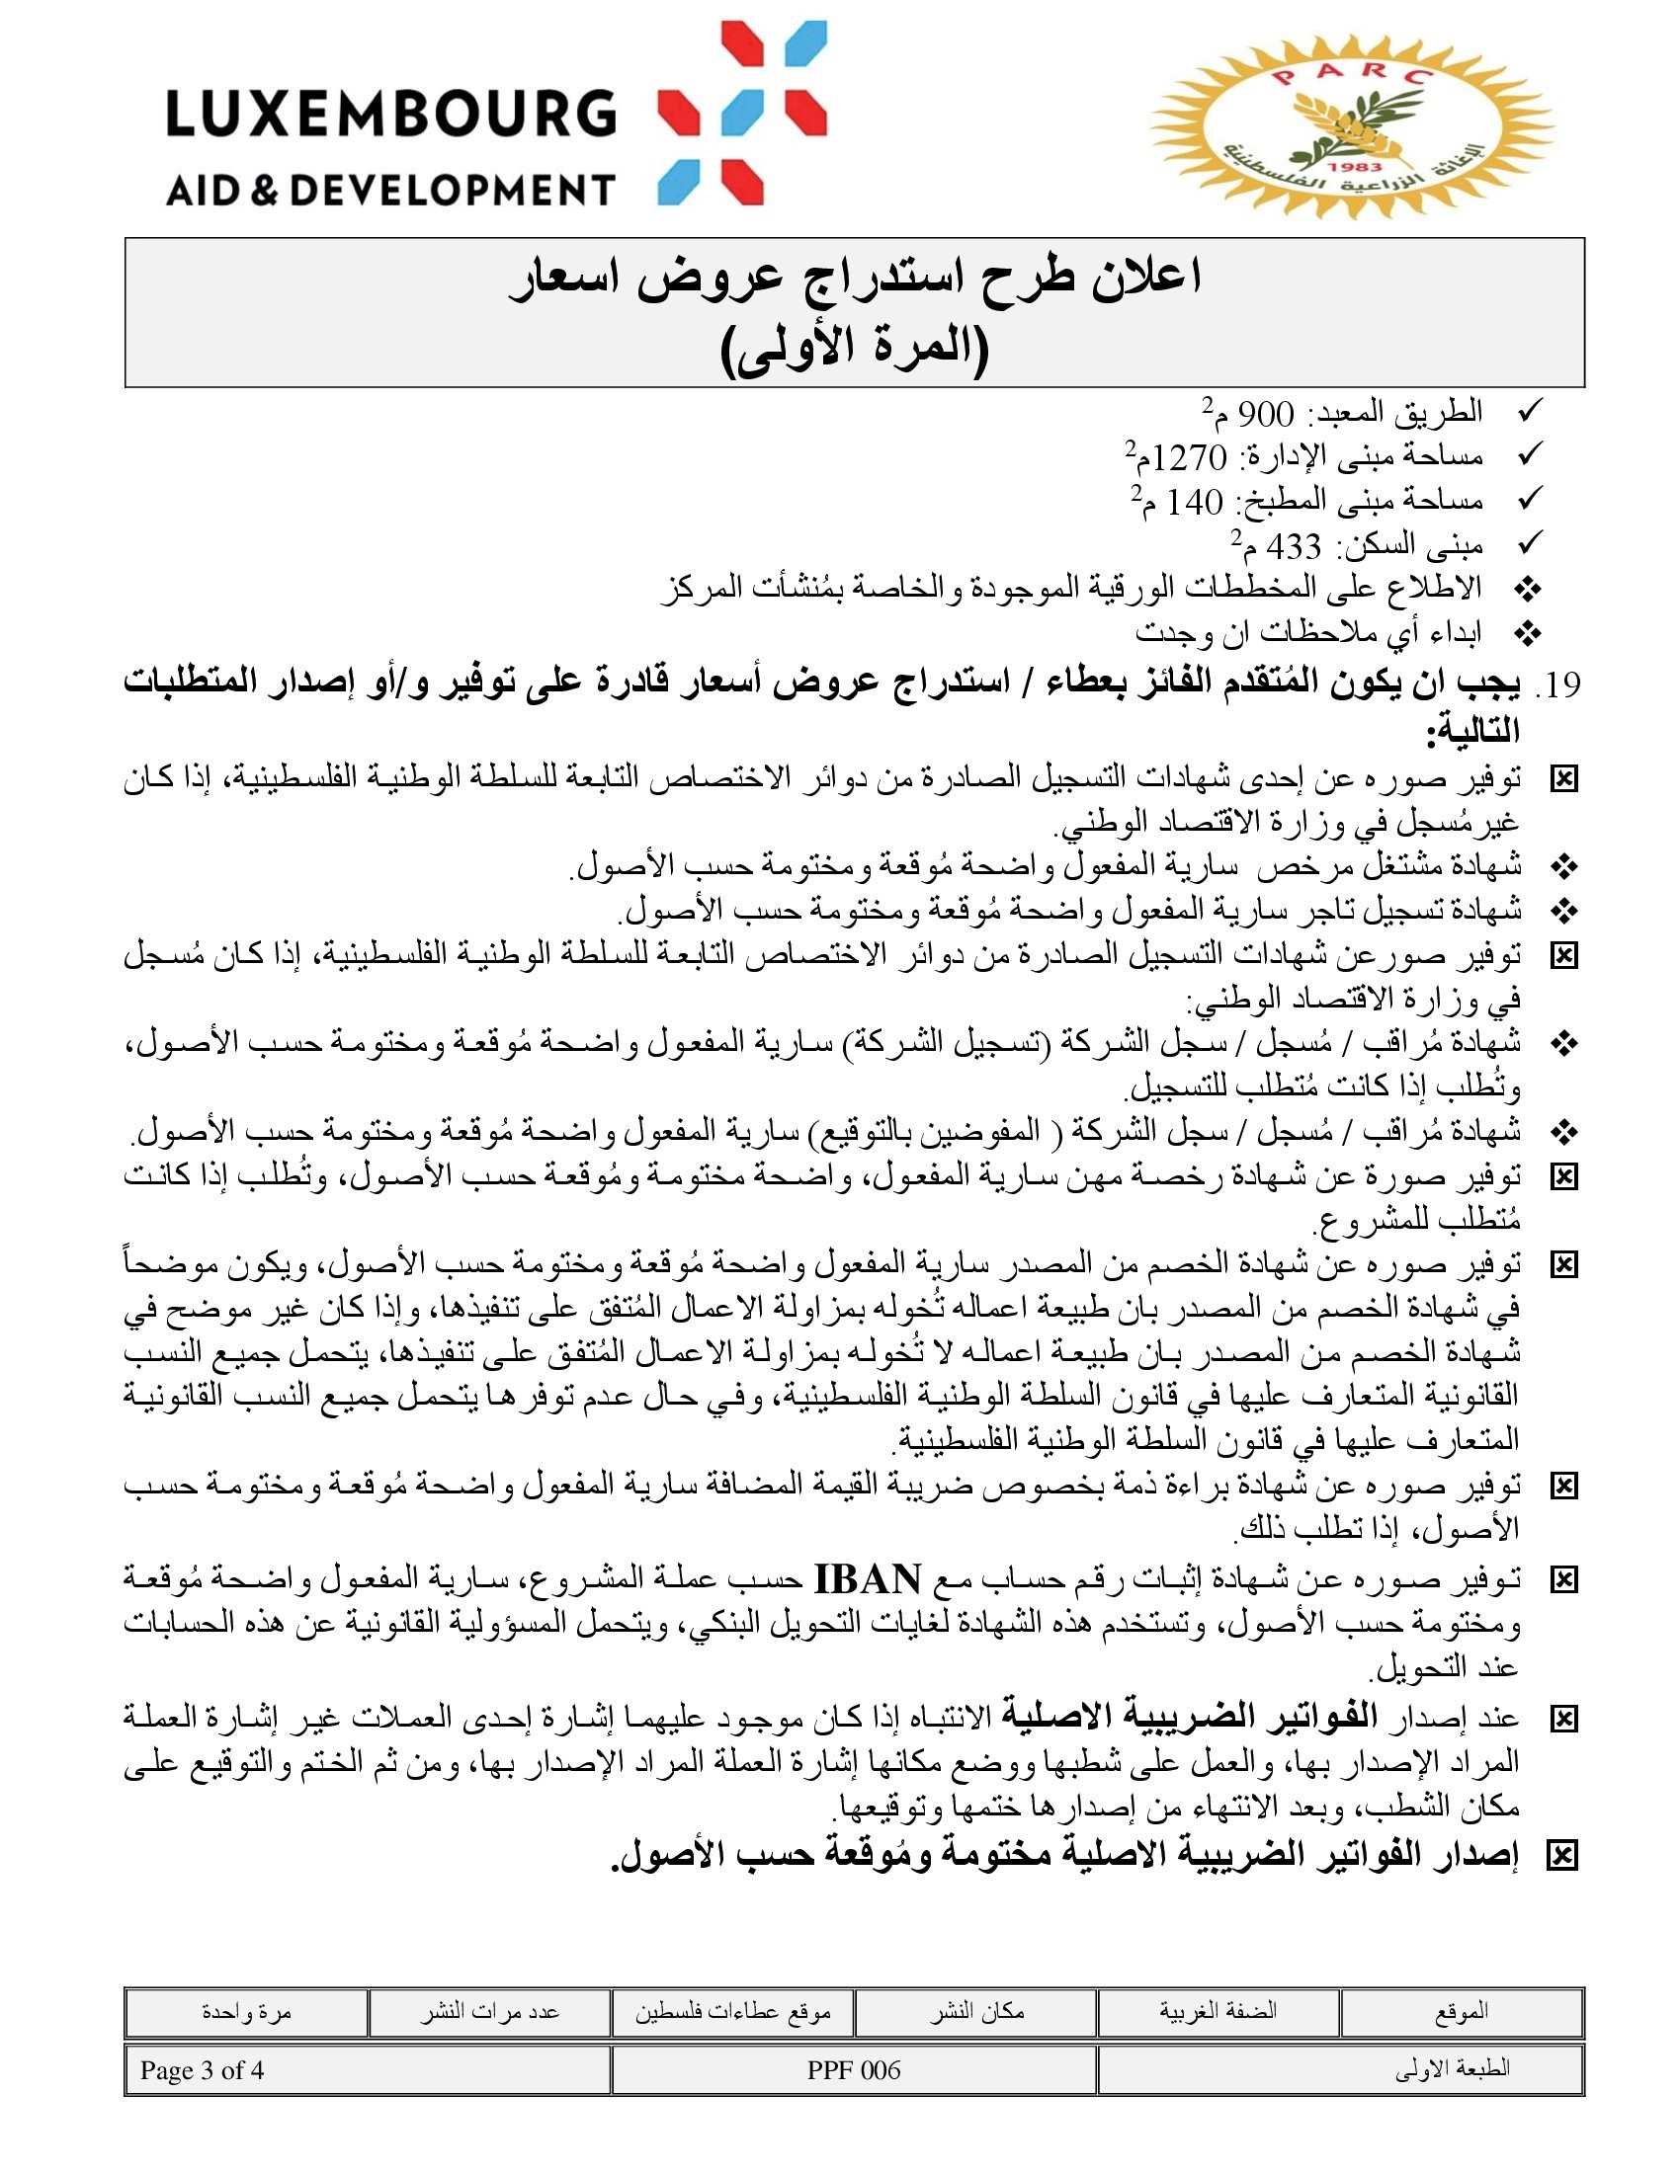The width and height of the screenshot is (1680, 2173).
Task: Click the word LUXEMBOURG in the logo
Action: coord(390,114)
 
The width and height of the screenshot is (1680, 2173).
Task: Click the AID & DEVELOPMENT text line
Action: coord(390,189)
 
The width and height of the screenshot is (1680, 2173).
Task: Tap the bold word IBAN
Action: coord(867,1579)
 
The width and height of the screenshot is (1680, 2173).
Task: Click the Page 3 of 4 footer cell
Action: coord(202,2070)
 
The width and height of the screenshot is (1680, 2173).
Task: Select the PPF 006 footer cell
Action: coord(853,2070)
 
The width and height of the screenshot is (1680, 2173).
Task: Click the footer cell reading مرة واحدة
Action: coord(246,2012)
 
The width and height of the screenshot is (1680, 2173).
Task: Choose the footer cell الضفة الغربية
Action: coord(1218,2012)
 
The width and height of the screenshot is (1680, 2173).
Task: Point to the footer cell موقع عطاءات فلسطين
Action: coord(732,2012)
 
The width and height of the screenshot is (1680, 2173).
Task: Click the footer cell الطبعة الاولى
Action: coord(1453,2070)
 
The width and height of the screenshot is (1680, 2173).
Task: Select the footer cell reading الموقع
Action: coord(1461,2012)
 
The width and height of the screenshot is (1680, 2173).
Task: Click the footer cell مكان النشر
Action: coord(976,2012)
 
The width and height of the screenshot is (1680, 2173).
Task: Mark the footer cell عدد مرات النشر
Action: coord(488,2012)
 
